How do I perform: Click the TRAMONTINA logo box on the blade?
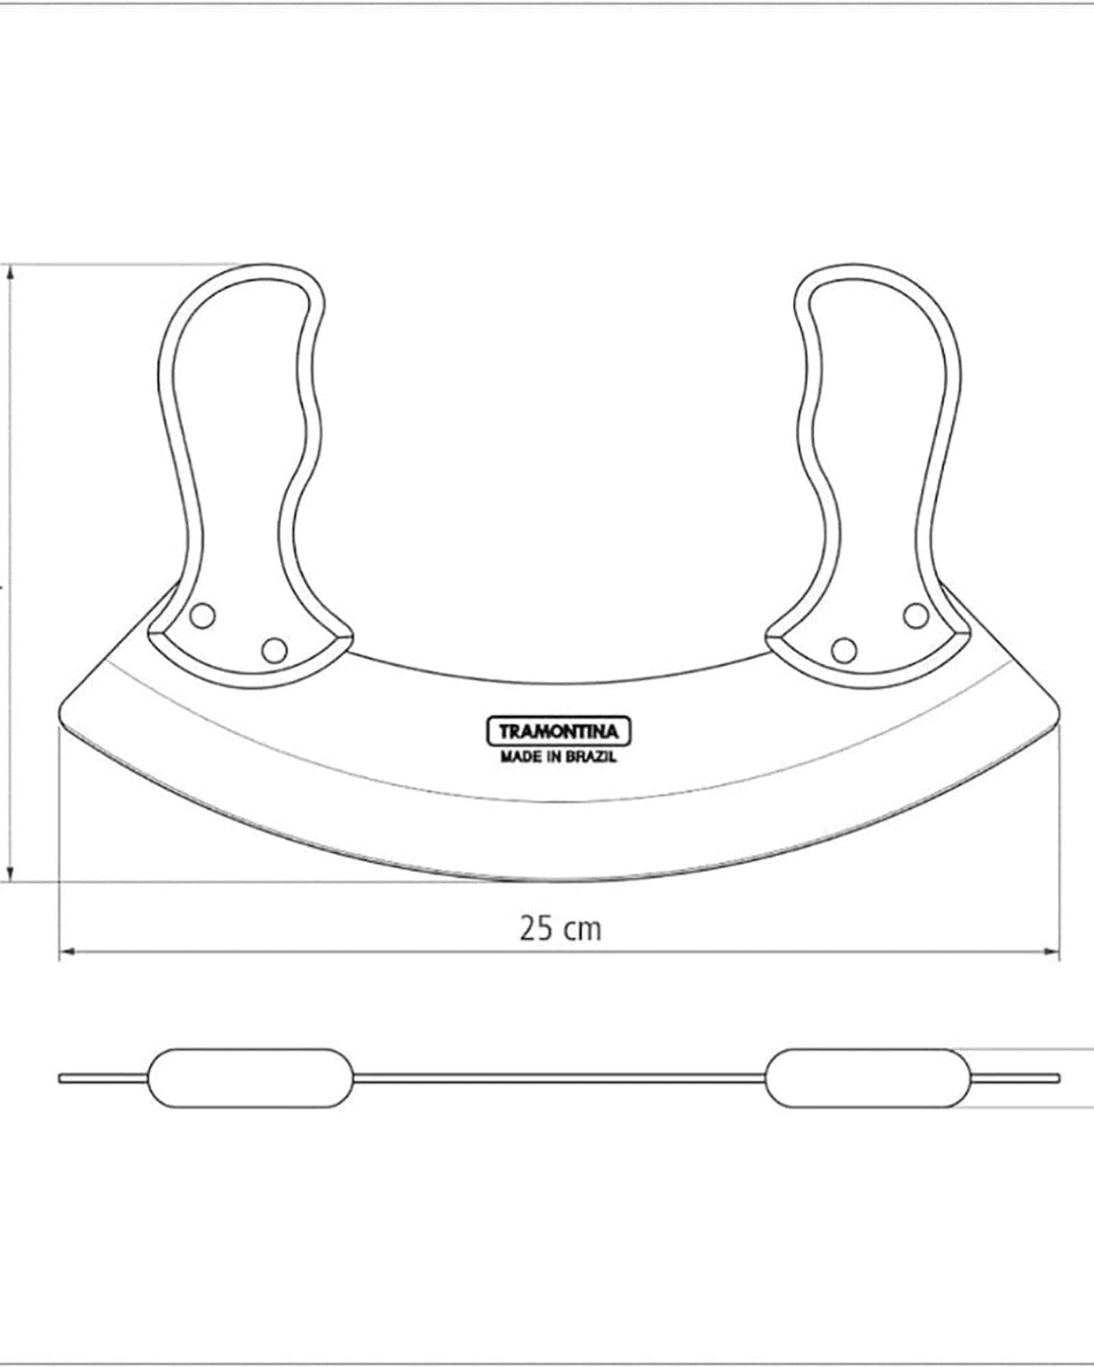(557, 732)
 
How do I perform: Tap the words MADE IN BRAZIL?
(558, 757)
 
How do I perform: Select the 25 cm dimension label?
(560, 929)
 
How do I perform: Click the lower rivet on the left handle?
(274, 649)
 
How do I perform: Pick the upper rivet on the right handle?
(916, 616)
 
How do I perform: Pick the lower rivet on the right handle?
(843, 649)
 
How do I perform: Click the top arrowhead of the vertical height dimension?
(11, 273)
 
